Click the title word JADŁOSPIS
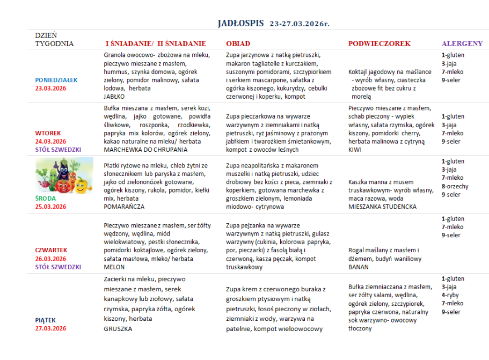coord(241,23)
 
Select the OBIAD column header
coord(238,43)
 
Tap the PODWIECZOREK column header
coord(379,43)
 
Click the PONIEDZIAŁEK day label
coord(56,80)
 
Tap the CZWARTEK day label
coord(52,250)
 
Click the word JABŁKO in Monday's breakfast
coord(114,97)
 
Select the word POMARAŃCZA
coord(124,206)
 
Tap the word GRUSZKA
coord(118,329)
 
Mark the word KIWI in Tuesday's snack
coord(355,150)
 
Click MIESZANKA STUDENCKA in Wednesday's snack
coord(382,207)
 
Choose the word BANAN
coord(359,267)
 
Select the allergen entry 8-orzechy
coord(455,186)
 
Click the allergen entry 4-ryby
coord(451,295)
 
